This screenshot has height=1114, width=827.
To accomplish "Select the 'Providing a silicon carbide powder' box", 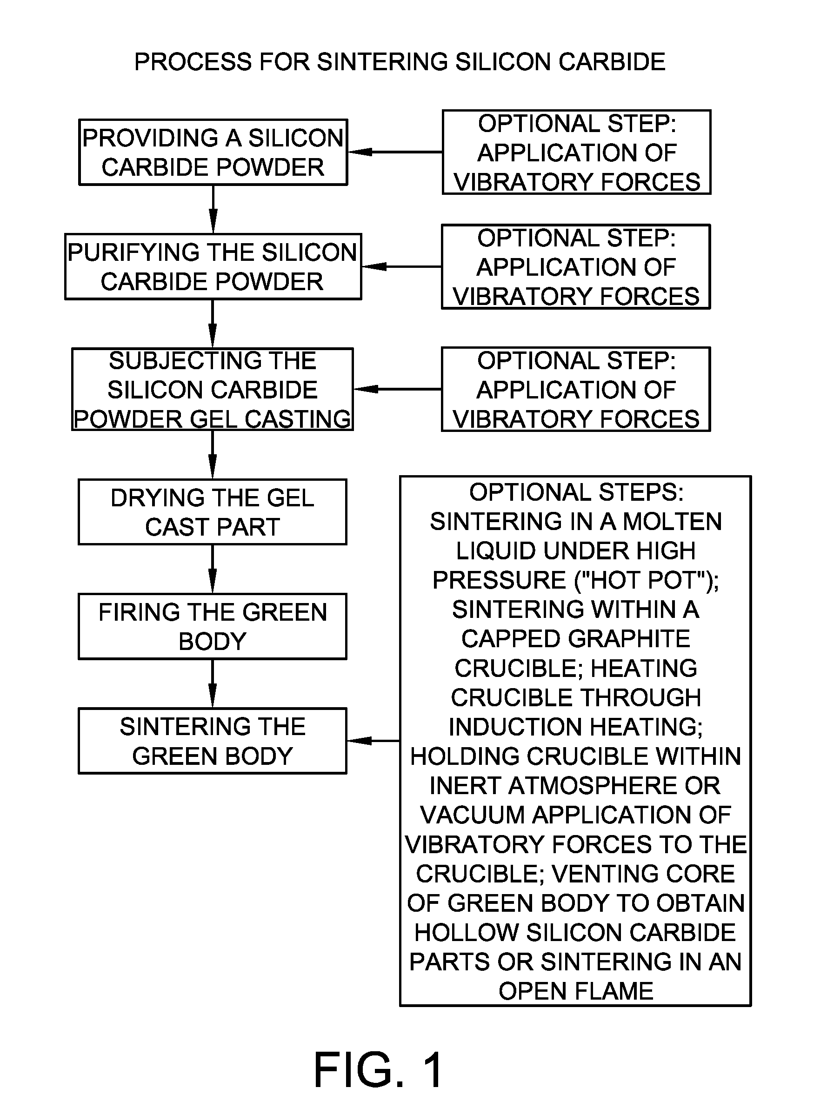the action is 213,152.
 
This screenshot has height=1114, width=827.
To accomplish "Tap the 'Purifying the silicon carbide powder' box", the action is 213,267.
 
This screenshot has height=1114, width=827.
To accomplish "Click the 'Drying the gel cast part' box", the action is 213,512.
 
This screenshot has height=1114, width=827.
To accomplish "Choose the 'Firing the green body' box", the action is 213,627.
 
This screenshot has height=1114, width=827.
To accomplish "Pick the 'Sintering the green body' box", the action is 213,741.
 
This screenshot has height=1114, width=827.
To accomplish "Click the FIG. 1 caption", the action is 379,1069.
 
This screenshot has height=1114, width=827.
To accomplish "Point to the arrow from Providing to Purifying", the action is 213,210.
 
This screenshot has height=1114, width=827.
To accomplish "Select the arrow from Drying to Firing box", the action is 213,569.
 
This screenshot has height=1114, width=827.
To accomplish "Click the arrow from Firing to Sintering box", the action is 213,683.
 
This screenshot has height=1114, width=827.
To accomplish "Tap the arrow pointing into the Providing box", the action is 395,152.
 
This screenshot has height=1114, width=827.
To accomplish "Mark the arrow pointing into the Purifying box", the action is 402,267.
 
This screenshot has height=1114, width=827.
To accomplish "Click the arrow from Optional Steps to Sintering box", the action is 373,741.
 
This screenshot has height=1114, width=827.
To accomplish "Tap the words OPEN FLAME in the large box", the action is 576,991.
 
